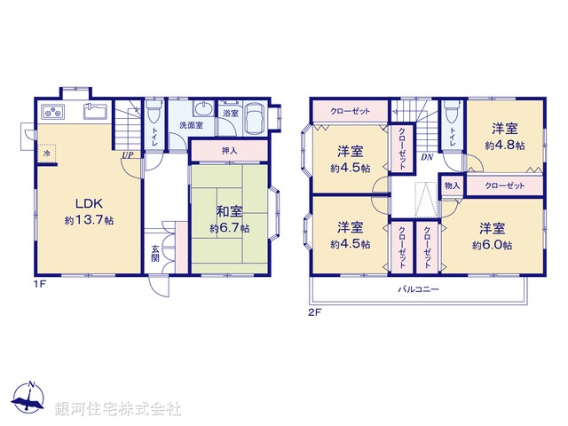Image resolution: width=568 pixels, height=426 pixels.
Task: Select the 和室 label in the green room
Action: (230, 211)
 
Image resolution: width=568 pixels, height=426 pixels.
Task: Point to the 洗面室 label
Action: (191, 125)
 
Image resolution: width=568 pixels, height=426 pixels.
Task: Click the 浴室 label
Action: (231, 114)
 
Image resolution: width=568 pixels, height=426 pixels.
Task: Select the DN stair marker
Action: (427, 158)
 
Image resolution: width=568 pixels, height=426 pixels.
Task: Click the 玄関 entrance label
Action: (155, 253)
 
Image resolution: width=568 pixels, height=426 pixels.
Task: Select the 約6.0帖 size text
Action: (489, 243)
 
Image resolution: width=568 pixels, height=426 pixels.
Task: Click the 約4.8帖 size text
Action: (504, 144)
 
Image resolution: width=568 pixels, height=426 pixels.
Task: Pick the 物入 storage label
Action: (452, 186)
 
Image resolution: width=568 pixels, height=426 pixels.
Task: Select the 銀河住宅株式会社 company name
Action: (119, 409)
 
